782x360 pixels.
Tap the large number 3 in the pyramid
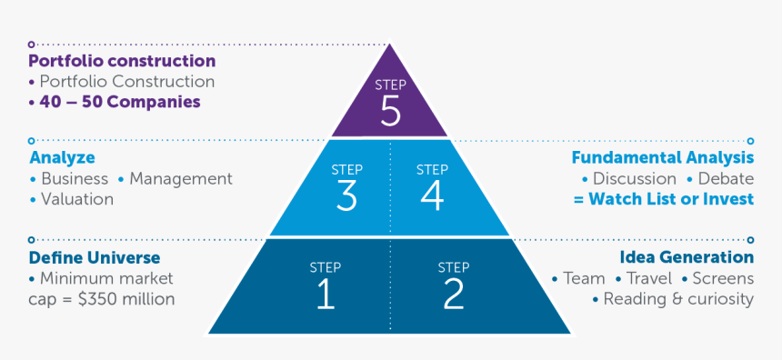346,195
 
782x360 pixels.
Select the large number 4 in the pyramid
432,195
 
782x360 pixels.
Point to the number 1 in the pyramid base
325,294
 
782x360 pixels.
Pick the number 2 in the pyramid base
453,294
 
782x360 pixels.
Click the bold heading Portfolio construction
122,62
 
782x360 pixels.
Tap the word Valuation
77,199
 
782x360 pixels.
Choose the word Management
181,179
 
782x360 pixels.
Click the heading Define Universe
95,257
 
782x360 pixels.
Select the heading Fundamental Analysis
662,158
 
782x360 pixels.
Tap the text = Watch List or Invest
664,199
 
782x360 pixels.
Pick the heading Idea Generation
687,257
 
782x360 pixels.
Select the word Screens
723,278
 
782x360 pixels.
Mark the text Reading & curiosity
678,299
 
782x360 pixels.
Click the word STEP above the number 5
390,85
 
